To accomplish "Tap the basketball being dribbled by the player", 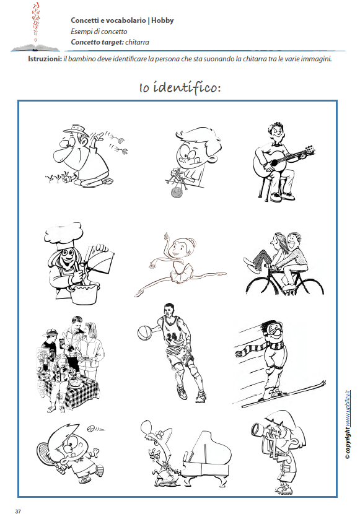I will pos(144,333).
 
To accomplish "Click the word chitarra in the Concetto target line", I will pos(137,42).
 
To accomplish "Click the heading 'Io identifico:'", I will pos(179,87).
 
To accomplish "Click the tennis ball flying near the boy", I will pos(92,427).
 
